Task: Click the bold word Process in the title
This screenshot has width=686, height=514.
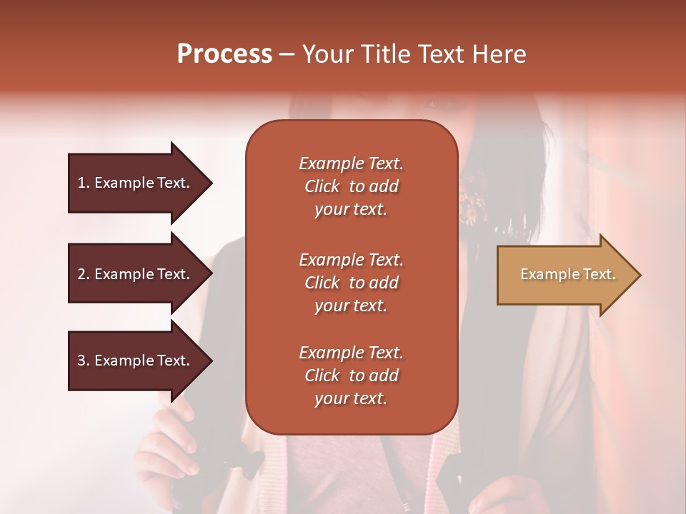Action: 224,54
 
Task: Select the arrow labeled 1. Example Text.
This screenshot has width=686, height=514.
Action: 136,183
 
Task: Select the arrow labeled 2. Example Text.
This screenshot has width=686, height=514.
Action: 136,274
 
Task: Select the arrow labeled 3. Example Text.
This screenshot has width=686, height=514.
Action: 136,361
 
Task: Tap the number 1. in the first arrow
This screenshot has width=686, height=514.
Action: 84,183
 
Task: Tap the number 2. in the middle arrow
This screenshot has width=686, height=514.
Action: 84,274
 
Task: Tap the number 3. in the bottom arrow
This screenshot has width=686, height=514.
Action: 84,361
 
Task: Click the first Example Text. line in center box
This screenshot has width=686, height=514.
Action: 351,163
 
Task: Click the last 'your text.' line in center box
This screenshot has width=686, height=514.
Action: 351,398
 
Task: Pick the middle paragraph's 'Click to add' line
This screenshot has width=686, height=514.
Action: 351,283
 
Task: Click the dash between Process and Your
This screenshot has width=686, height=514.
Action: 287,54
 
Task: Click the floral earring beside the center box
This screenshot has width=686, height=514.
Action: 469,206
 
